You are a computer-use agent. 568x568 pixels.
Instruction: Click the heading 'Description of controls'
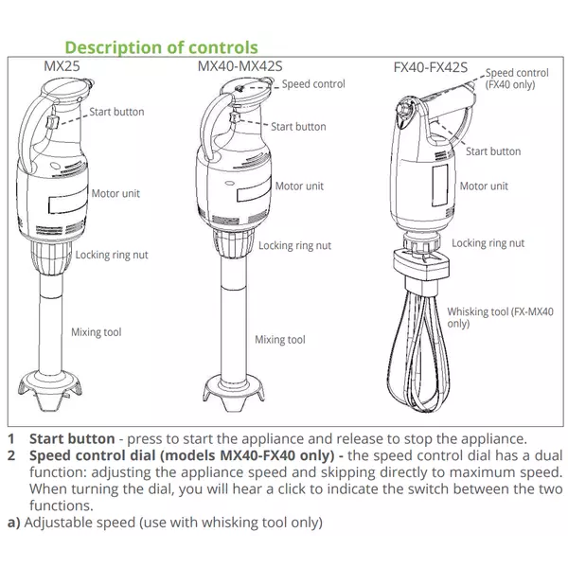click(x=160, y=46)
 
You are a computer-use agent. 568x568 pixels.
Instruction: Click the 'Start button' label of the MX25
click(x=116, y=112)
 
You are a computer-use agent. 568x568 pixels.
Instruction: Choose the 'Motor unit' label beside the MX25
click(x=115, y=193)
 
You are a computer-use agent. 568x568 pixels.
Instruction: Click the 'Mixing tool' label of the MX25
click(x=97, y=332)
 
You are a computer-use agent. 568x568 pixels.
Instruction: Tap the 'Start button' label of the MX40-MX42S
click(x=298, y=126)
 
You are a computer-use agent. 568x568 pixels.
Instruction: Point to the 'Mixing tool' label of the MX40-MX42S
click(x=280, y=339)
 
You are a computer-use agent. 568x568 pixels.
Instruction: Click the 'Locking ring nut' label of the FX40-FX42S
click(x=488, y=243)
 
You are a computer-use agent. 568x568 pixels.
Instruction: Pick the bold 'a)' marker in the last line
click(x=12, y=522)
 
